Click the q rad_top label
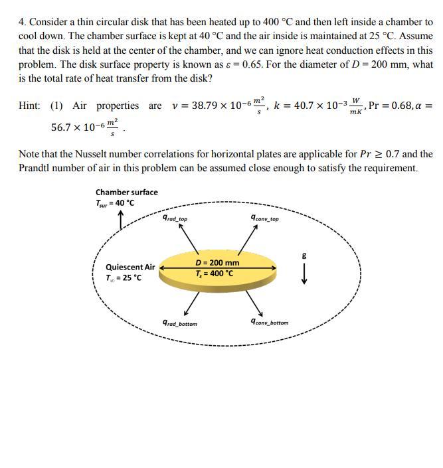point(175,218)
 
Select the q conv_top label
point(264,218)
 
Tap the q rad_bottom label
point(179,323)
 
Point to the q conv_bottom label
point(269,322)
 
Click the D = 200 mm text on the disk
point(217,263)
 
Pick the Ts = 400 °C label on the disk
point(215,273)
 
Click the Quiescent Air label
point(130,268)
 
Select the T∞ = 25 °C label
point(124,277)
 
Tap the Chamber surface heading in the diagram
point(127,193)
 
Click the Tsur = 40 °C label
point(116,203)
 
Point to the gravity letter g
point(304,255)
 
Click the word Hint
point(29,106)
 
